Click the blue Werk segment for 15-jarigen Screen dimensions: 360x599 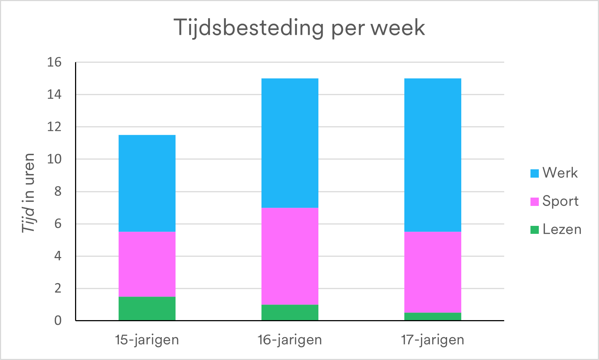tap(147, 183)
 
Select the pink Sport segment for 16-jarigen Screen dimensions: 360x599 tap(290, 256)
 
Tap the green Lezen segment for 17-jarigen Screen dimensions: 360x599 tap(433, 316)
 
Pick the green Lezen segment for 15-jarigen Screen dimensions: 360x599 tap(147, 309)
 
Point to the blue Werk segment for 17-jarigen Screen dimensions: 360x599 tap(433, 155)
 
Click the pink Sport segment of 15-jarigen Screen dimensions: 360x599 tap(147, 264)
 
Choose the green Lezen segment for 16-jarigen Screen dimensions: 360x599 tap(290, 313)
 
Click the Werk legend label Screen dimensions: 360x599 tap(560, 173)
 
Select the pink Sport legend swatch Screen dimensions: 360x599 tap(534, 202)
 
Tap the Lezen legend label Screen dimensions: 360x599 tap(562, 229)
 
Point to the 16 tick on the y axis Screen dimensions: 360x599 tap(54, 62)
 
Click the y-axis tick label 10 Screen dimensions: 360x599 tap(54, 159)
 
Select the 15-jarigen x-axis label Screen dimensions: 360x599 tap(147, 340)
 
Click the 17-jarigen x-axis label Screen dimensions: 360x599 tap(433, 340)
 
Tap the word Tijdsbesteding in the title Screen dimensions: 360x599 tap(248, 28)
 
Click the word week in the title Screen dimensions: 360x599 tap(398, 28)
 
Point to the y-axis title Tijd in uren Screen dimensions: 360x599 tap(28, 193)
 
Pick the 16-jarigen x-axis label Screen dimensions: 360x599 tap(290, 340)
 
